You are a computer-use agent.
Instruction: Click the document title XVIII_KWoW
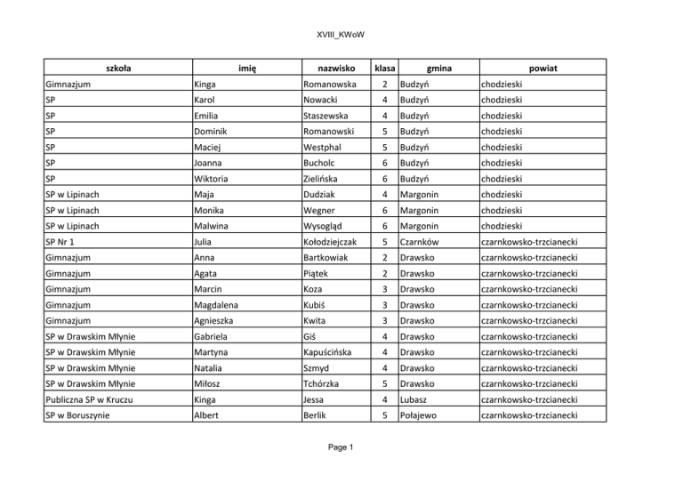341,35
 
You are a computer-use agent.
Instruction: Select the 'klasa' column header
385,67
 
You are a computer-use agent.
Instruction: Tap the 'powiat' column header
542,67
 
